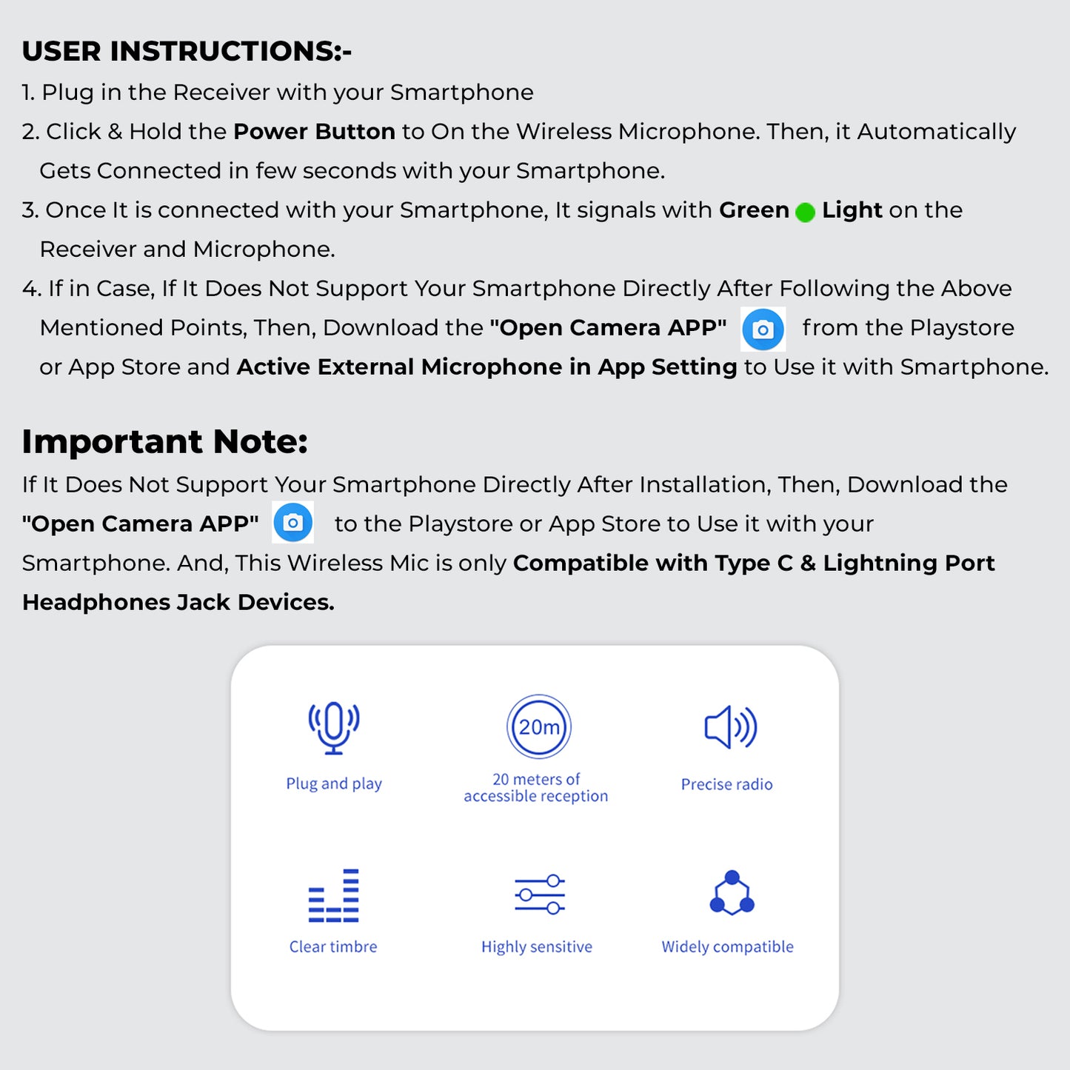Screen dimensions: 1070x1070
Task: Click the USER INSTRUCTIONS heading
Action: click(187, 51)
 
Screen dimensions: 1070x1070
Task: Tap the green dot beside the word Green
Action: click(805, 213)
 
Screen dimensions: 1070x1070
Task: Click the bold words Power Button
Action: click(314, 132)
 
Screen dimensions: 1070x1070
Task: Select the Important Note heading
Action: click(164, 441)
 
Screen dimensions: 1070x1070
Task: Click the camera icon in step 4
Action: click(763, 330)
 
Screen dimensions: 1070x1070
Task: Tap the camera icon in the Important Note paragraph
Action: click(293, 523)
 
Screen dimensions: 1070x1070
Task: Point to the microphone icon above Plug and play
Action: click(334, 727)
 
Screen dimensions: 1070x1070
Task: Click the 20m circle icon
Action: click(539, 726)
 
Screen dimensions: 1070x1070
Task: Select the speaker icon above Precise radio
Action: click(730, 727)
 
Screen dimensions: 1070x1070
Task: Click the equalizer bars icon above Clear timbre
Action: click(334, 895)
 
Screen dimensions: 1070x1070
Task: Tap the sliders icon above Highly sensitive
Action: click(540, 894)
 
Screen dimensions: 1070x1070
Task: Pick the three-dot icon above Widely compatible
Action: click(732, 894)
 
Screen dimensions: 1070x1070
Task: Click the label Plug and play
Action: click(334, 784)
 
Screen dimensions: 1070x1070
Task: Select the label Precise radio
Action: click(726, 785)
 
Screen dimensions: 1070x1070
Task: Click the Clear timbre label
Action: click(333, 947)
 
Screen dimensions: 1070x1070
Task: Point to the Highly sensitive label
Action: click(537, 947)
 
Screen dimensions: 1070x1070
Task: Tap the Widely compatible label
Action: click(727, 947)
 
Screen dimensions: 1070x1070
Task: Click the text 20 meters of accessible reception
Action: click(536, 788)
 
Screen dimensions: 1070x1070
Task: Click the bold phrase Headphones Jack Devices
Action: click(178, 603)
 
